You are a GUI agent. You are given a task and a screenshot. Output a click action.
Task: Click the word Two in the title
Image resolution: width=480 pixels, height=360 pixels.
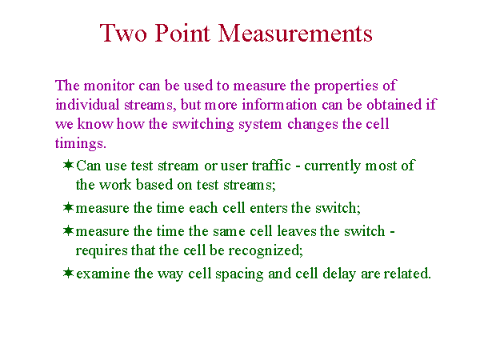point(123,33)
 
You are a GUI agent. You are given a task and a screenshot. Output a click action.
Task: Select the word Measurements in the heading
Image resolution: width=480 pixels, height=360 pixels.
point(295,33)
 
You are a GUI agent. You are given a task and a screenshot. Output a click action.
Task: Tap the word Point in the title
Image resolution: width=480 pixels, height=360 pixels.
point(182,33)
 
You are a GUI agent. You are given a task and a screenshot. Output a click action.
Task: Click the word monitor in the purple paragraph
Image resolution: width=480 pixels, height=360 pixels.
point(109,86)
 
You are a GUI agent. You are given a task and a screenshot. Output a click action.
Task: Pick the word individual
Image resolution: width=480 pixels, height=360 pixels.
point(87,105)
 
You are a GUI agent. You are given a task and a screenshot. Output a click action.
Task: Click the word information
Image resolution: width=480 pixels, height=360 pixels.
point(279,105)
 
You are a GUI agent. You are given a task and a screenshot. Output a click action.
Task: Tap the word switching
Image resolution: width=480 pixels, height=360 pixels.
point(203,125)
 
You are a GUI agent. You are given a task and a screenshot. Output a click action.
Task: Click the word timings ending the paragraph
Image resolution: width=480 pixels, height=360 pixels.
point(79,144)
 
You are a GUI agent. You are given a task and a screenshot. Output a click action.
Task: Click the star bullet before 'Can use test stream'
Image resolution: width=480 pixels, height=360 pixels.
point(68,165)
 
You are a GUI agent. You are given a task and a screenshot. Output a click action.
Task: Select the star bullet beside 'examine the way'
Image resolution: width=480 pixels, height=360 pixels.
point(68,273)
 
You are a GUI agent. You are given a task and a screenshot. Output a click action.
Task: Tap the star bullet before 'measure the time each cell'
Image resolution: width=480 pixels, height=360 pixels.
point(68,207)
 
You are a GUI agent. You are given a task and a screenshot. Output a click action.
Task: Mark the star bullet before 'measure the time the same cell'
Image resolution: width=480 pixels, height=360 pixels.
point(68,230)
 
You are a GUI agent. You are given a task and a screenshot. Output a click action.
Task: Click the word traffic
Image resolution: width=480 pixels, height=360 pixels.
point(271,166)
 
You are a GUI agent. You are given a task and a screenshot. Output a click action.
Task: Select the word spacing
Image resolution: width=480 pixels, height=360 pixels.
point(239,274)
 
